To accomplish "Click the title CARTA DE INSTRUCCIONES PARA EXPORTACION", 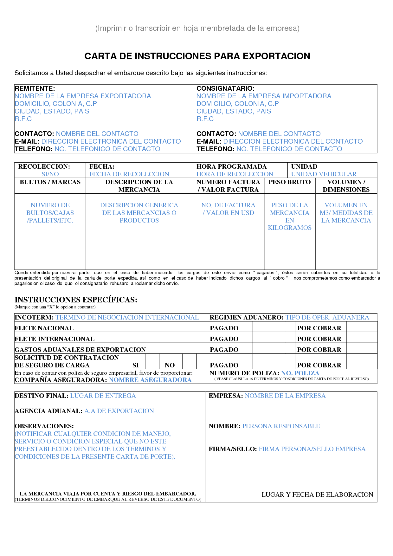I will point(197,56).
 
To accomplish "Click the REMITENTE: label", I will point(35,88).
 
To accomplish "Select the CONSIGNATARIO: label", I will point(225,88).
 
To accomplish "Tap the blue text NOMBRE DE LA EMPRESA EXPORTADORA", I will point(83,96).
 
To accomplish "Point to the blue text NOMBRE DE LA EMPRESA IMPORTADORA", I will point(264,96).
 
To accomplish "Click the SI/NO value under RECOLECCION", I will point(50,174).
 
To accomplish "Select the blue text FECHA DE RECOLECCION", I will point(129,174).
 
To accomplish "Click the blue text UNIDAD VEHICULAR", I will point(324,174).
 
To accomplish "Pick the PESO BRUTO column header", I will point(289,182).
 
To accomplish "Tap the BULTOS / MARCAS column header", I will point(50,182).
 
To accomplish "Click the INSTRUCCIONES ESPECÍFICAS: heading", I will point(76,300).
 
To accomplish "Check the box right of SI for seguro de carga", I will point(152,362).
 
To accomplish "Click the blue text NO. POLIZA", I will point(300,373).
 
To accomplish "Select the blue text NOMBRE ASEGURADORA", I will point(150,380).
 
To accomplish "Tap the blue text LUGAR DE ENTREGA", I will point(103,396).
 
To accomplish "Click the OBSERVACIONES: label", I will point(44,426).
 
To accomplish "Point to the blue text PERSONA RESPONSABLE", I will point(281,426).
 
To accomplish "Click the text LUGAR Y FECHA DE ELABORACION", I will point(317,495).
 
